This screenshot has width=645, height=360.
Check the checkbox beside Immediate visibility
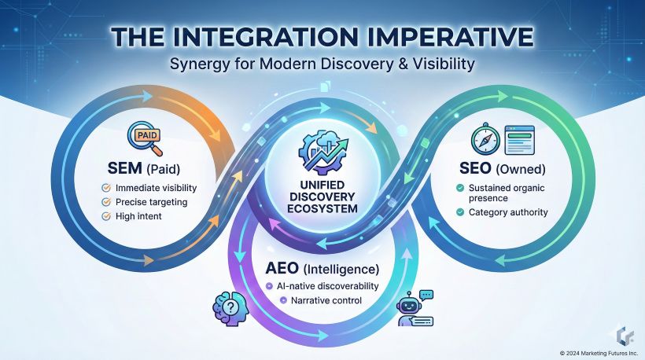pos(106,188)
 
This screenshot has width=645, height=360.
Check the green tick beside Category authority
pos(460,212)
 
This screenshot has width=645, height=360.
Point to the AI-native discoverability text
pos(327,286)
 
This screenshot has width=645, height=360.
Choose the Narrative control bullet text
pos(327,300)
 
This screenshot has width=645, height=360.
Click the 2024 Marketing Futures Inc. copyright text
pos(598,352)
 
